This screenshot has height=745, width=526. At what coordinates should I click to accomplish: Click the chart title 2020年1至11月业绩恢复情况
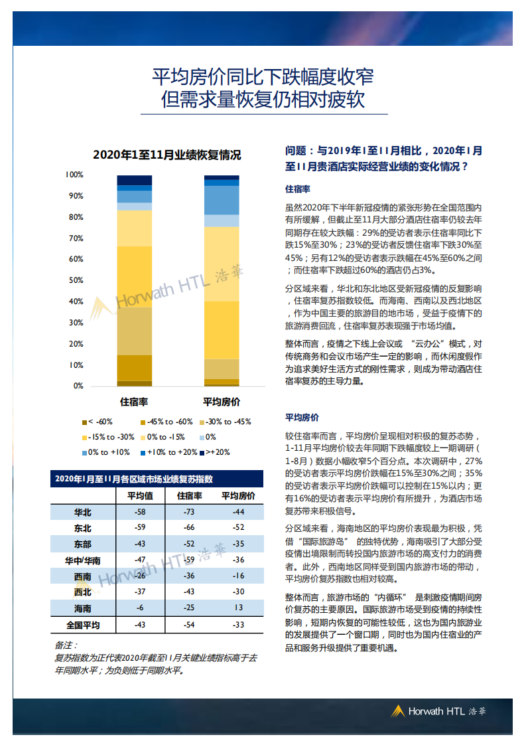pos(166,155)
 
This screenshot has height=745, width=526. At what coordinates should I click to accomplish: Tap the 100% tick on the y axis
pos(74,175)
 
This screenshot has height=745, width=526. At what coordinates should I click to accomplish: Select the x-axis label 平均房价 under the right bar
pos(221,402)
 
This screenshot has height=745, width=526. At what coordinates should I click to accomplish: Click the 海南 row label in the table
pos(83,608)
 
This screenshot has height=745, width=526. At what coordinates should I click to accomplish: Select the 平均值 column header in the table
pos(140,496)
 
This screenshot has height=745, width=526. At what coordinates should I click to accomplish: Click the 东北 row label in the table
pos(83,529)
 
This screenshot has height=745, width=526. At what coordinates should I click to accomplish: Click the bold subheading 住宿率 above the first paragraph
pos(298,189)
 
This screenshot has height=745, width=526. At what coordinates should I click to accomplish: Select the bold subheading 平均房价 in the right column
pos(302,418)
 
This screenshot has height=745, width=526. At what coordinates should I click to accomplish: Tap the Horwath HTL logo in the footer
pos(438,711)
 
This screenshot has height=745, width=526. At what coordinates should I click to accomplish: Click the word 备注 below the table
pos(66,645)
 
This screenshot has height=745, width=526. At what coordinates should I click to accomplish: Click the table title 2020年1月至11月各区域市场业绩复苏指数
pos(138,479)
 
